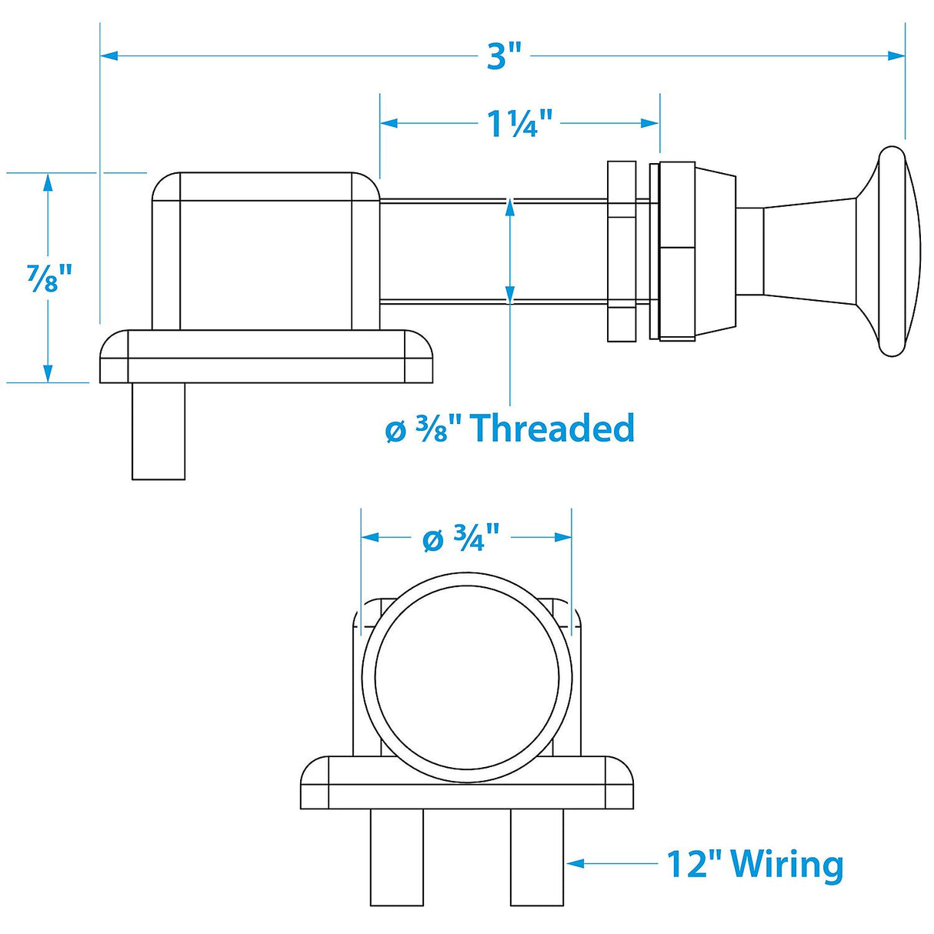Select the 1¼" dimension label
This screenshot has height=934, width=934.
(520, 123)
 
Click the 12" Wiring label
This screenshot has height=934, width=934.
(754, 864)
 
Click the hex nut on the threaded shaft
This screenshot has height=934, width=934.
(622, 252)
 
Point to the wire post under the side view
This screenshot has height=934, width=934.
(158, 431)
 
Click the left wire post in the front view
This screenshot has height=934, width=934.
(396, 857)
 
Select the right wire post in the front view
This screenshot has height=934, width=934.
(537, 857)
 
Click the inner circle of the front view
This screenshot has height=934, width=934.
(467, 678)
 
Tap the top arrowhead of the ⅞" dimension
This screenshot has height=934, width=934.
(48, 182)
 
